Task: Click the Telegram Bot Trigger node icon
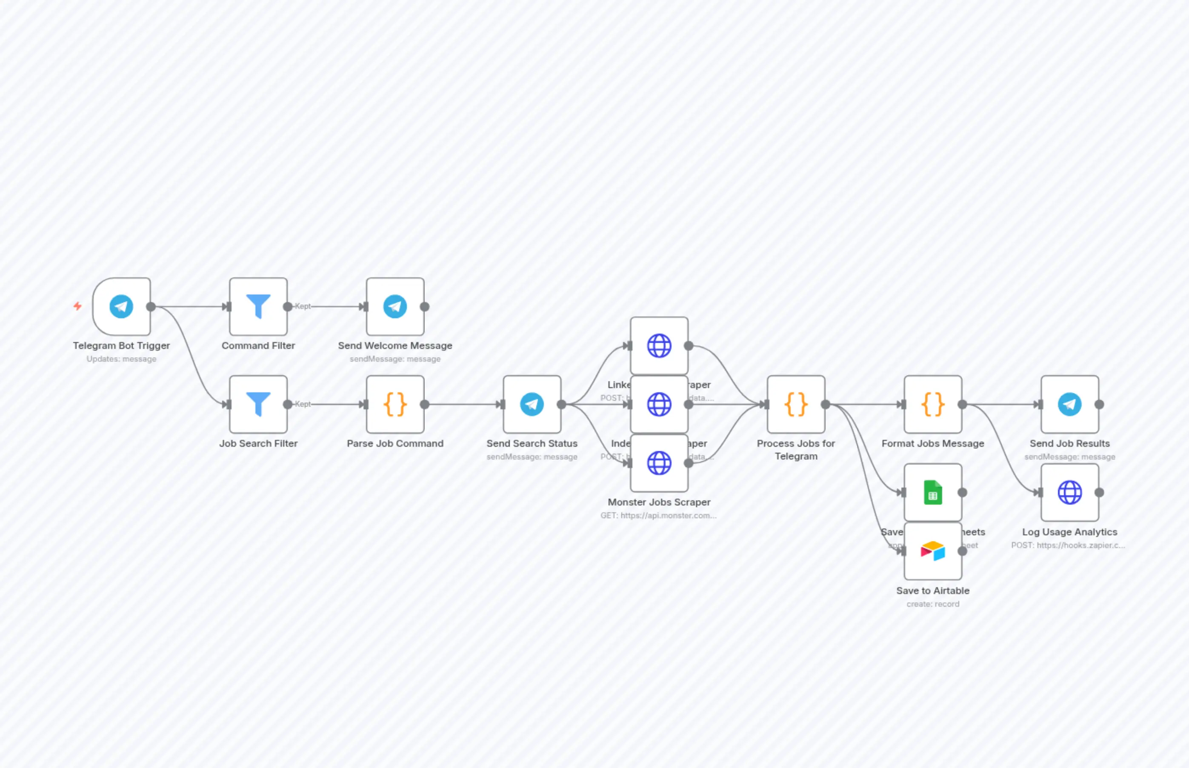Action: coord(121,306)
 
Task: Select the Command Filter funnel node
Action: coord(258,306)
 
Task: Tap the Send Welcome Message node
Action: coord(394,306)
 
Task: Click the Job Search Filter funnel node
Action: coord(258,404)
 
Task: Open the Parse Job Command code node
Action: coord(394,404)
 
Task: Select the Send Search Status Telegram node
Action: coord(532,404)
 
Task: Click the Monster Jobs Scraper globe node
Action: coord(659,463)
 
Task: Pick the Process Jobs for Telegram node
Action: coord(795,404)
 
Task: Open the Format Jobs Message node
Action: coord(933,404)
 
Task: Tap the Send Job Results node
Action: coord(1069,404)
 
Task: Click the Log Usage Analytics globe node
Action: coord(1069,492)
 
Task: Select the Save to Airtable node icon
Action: coord(933,551)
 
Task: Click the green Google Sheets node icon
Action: coord(933,492)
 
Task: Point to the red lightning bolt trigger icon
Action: coord(77,305)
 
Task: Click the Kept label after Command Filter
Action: coord(303,306)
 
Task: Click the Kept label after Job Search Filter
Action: coord(303,404)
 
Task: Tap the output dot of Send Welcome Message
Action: coord(424,307)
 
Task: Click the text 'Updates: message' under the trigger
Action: coord(121,359)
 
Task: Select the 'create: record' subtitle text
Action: coord(933,604)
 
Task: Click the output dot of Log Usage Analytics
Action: coord(1099,492)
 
